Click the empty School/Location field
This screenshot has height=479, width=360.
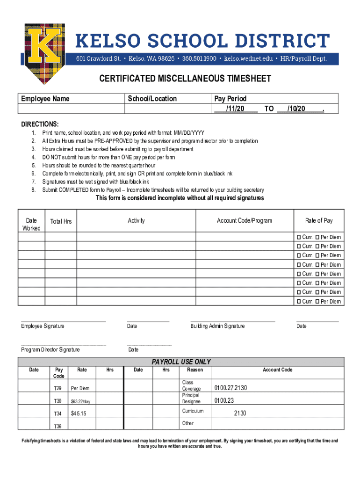click(x=167, y=109)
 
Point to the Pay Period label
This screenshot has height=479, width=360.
click(x=230, y=99)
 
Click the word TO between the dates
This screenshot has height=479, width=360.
click(x=269, y=109)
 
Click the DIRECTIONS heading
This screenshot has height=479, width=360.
click(x=40, y=124)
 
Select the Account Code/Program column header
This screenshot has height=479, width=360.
click(x=244, y=221)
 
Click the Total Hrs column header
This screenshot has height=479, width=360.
click(x=61, y=221)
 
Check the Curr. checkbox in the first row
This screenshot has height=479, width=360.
click(x=298, y=237)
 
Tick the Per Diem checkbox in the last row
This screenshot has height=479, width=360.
click(x=317, y=302)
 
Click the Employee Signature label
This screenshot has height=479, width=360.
click(x=43, y=326)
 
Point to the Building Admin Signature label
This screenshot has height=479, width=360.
click(x=217, y=326)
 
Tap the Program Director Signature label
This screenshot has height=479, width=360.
click(x=50, y=350)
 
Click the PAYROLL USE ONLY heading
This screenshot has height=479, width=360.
click(x=181, y=362)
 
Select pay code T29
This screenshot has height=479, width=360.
click(x=58, y=388)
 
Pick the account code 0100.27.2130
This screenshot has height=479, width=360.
click(x=230, y=388)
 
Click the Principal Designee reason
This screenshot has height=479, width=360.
click(x=191, y=398)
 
